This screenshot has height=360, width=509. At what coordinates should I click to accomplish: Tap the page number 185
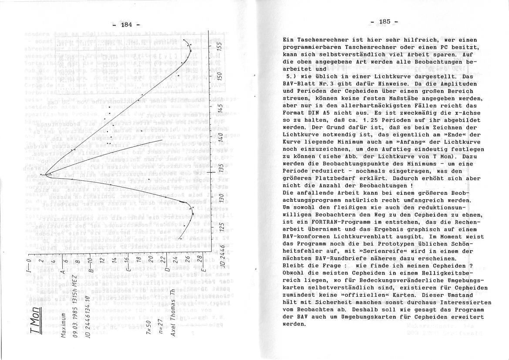click(385, 21)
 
